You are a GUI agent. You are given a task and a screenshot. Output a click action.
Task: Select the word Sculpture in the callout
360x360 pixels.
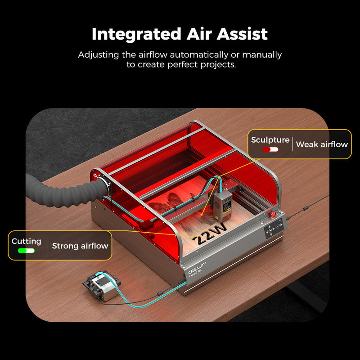pyautogui.click(x=270, y=140)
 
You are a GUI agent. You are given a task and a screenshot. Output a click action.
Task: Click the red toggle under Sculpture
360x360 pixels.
pyautogui.click(x=270, y=149)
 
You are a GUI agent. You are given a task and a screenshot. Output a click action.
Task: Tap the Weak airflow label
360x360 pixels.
pyautogui.click(x=322, y=144)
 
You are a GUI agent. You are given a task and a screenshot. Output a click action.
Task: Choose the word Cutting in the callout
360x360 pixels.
pyautogui.click(x=27, y=242)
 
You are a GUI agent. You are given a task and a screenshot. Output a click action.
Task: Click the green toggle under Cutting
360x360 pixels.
pyautogui.click(x=27, y=250)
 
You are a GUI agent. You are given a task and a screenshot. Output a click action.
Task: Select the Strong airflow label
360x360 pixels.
pyautogui.click(x=80, y=246)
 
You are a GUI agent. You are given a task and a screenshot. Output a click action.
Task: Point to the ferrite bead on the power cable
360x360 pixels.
pyautogui.click(x=306, y=208)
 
